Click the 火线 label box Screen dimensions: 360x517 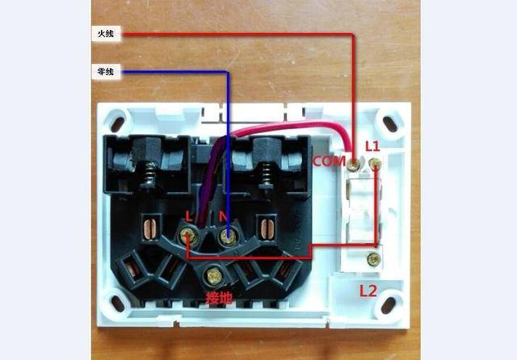pyautogui.click(x=105, y=34)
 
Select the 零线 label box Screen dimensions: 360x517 pyautogui.click(x=105, y=72)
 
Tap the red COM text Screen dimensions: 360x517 pyautogui.click(x=330, y=161)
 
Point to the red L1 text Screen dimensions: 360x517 pyautogui.click(x=372, y=146)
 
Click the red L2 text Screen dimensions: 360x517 pyautogui.click(x=368, y=288)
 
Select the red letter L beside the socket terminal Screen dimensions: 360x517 pyautogui.click(x=188, y=216)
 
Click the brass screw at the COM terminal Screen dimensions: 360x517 pyautogui.click(x=355, y=165)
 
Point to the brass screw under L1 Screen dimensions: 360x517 pyautogui.click(x=375, y=165)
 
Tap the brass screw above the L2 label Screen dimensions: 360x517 pyautogui.click(x=372, y=259)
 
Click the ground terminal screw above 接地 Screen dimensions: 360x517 pyautogui.click(x=215, y=274)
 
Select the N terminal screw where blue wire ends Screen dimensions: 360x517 pyautogui.click(x=229, y=237)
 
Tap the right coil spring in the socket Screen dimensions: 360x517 pyautogui.click(x=267, y=173)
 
